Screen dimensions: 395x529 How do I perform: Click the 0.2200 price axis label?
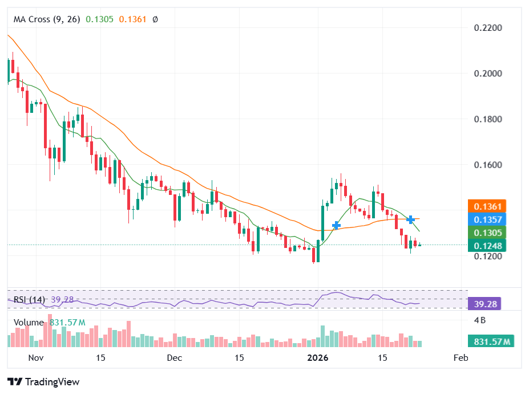488,28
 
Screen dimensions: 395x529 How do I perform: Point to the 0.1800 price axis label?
488,119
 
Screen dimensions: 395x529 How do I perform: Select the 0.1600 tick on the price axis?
488,165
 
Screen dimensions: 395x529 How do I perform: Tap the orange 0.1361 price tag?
484,206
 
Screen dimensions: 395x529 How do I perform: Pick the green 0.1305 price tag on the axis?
484,233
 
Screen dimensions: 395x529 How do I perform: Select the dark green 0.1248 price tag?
484,246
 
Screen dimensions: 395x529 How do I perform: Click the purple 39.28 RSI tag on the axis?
484,303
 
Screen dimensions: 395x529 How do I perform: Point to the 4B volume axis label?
480,320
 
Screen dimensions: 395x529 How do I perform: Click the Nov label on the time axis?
36,358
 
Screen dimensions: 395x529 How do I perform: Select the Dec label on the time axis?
175,358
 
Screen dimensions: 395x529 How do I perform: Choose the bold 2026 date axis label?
318,358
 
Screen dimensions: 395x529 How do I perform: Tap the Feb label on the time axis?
460,358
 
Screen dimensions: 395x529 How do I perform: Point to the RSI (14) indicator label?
29,300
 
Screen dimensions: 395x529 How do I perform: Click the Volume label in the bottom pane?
29,323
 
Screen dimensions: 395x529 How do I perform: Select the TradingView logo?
43,382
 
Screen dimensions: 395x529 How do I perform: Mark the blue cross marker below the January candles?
337,225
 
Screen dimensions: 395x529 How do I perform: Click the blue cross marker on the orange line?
410,219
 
